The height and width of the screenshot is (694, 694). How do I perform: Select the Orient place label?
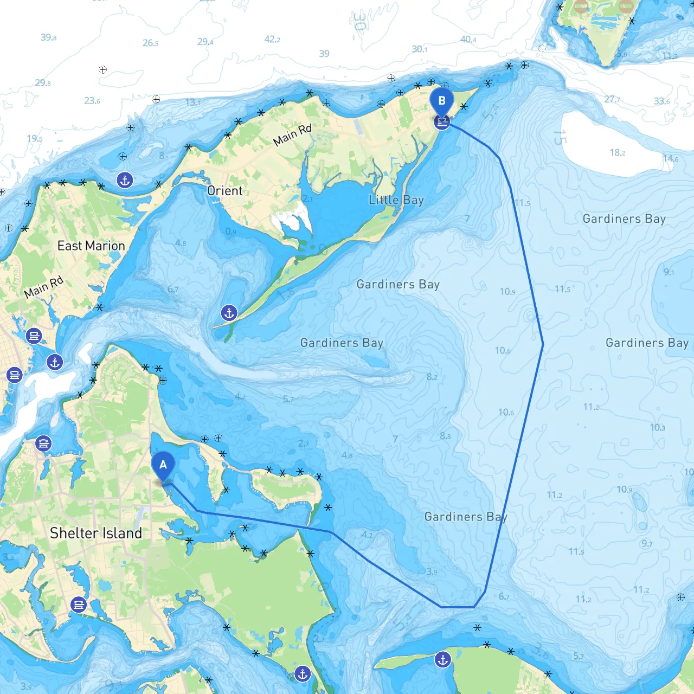[x=224, y=191]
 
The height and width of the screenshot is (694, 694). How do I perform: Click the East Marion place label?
[x=91, y=246]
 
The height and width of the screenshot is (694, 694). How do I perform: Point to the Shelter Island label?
[x=96, y=533]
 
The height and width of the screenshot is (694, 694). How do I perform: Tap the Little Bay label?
[x=396, y=200]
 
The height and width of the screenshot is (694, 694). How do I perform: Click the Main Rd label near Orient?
[x=292, y=135]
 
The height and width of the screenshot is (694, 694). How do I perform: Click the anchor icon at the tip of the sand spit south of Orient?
[x=229, y=313]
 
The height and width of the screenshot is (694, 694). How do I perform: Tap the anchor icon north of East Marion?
[x=125, y=180]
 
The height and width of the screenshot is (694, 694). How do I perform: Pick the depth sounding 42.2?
[x=272, y=39]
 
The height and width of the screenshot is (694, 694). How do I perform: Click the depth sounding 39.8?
[x=48, y=37]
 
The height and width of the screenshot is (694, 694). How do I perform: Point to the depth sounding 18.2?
[x=617, y=152]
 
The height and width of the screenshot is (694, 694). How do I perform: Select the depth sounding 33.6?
[x=661, y=101]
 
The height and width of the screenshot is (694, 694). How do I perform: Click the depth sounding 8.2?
[x=432, y=377]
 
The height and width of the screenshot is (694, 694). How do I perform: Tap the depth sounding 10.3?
[x=657, y=428]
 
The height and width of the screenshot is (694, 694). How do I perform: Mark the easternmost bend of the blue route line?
[x=543, y=344]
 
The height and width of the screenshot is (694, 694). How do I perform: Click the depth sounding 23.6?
[x=92, y=100]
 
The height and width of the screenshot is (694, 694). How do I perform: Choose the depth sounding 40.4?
[x=468, y=39]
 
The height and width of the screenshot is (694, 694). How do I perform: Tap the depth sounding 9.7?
[x=647, y=543]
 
